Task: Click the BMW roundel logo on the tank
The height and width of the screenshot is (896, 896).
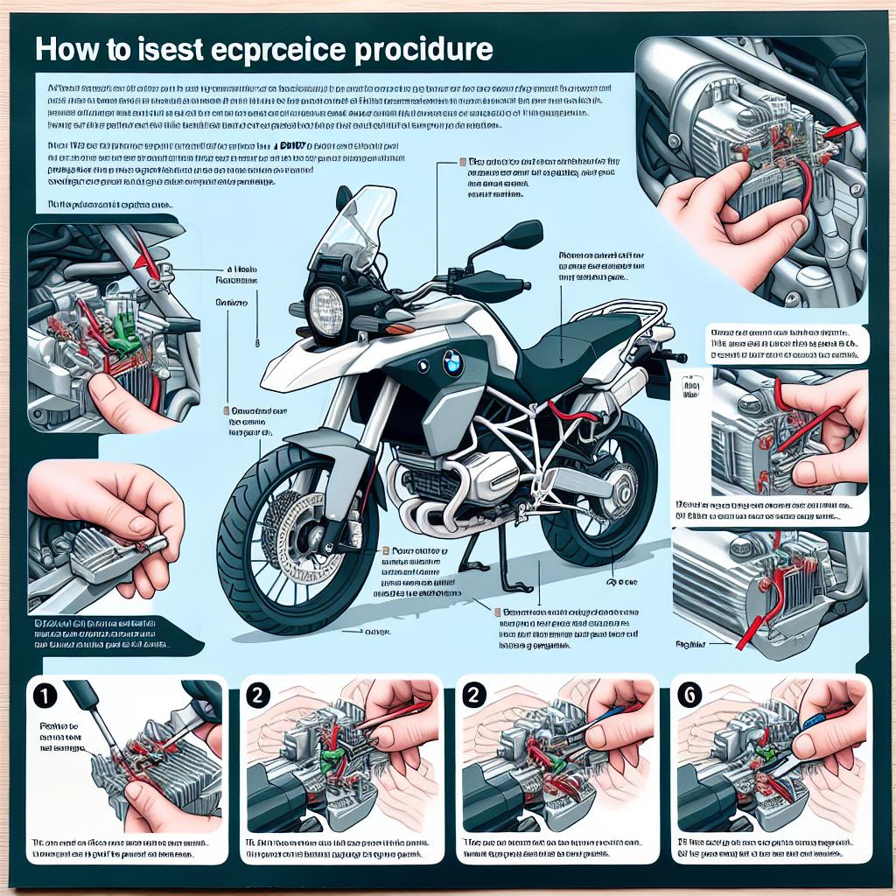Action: (x=452, y=362)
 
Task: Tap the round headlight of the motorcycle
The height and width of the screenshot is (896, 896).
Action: (x=327, y=308)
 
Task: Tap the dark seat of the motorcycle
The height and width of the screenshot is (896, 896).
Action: (x=577, y=341)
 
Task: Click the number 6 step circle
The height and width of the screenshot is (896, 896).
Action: (x=690, y=696)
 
